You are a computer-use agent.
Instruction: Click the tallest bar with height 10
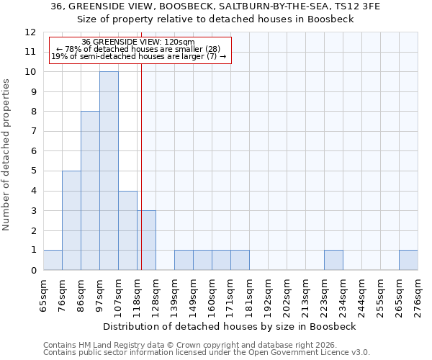coord(109,171)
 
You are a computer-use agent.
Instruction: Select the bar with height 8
coord(90,191)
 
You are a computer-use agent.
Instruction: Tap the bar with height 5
coord(71,220)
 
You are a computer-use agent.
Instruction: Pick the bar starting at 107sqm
coord(127,230)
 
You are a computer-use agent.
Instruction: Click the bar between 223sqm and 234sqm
coord(333,260)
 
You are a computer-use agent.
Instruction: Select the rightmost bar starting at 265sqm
coord(408,260)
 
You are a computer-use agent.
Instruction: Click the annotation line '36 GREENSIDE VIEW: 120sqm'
coord(138,42)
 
